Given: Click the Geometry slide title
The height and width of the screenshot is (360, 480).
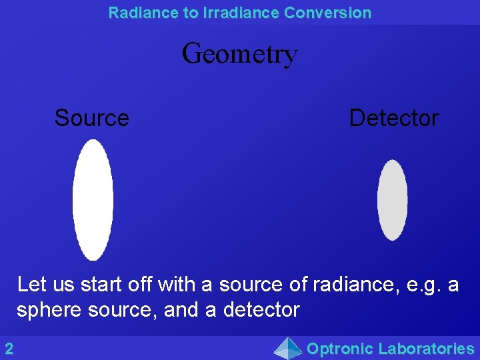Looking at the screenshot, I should pos(240,53).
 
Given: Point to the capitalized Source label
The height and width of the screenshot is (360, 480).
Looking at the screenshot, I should pos(92,118).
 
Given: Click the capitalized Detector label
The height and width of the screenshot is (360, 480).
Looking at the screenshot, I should pos(394,118).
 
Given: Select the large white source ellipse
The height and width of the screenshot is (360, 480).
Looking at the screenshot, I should pos(93,199).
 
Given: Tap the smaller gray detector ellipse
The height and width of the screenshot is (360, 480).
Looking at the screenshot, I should pos(392,200).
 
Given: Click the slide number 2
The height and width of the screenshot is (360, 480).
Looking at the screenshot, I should pos(9,348).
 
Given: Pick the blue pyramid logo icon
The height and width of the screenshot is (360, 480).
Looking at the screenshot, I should pos(288,348).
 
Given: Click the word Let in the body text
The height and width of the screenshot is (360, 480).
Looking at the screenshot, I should pos(32,285).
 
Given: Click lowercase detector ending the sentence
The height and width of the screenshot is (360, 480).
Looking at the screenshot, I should pos(261,310).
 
